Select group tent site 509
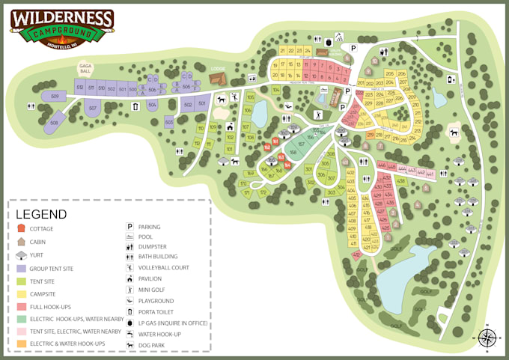pos(54,97)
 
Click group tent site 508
pos(54,122)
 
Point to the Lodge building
pos(217,78)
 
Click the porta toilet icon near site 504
pos(135,106)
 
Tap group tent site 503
pos(169,121)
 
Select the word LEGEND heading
pos(41,214)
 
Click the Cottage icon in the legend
pos(22,228)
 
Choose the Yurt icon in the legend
pos(22,255)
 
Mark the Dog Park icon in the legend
pos(129,345)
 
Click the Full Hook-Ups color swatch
pos(22,307)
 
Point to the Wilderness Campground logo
pos(61,28)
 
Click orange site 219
pos(371,135)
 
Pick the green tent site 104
pos(276,91)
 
